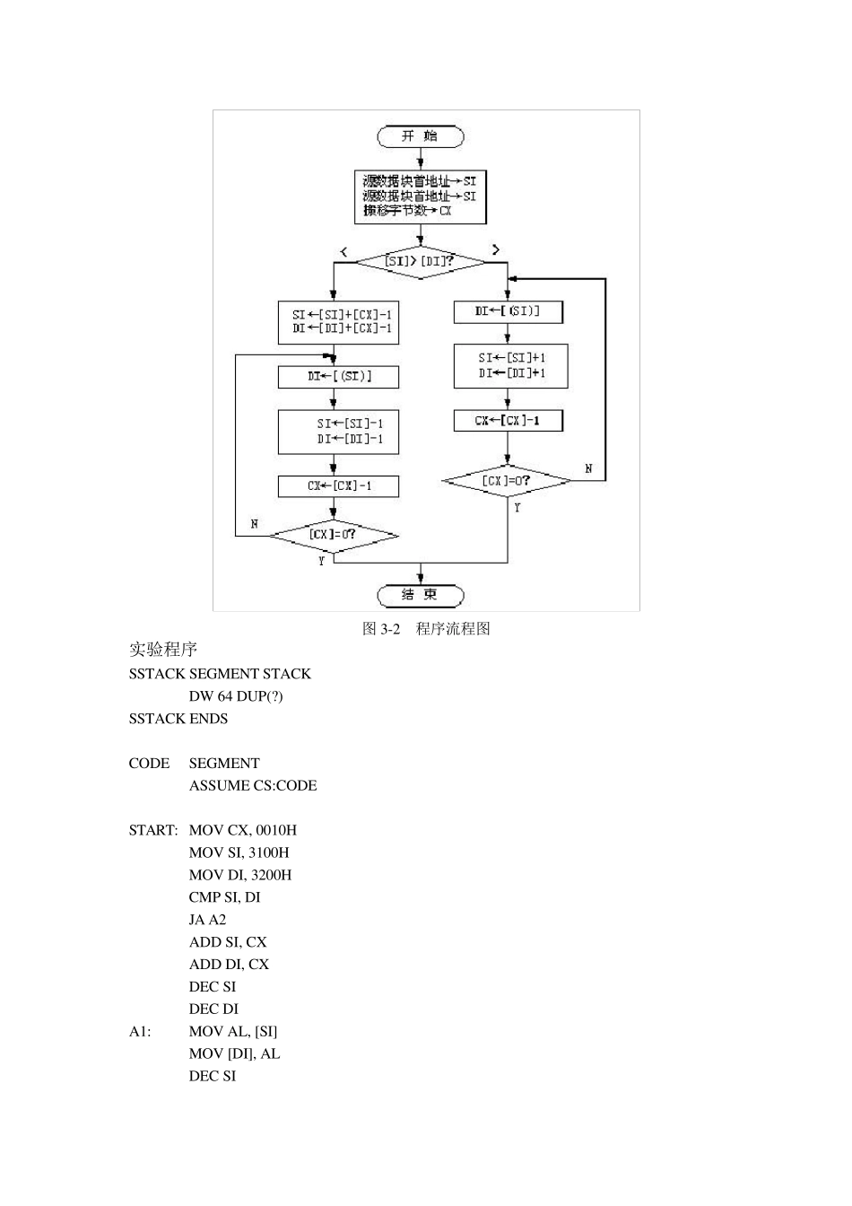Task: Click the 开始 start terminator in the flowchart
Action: coord(420,136)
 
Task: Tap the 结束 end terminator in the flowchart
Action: coord(420,595)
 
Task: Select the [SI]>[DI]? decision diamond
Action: coord(420,262)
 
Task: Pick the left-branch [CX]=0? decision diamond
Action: coord(334,535)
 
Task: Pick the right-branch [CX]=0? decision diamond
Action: coord(507,481)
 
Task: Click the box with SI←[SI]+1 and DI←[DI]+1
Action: coord(510,365)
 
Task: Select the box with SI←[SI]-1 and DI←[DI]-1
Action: coord(338,432)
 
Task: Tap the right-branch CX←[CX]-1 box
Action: coord(508,420)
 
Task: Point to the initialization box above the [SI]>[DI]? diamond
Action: coord(420,197)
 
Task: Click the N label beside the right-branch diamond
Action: coord(588,468)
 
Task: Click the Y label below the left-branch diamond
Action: coord(321,562)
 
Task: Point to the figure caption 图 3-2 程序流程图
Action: coord(426,629)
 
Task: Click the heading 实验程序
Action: coord(162,650)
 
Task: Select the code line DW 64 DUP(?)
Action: coord(235,696)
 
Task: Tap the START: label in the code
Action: coord(153,830)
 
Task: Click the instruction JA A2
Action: coord(207,920)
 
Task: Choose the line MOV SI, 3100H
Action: coord(239,852)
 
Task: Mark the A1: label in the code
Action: coord(140,1032)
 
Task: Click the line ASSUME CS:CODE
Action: coord(252,786)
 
